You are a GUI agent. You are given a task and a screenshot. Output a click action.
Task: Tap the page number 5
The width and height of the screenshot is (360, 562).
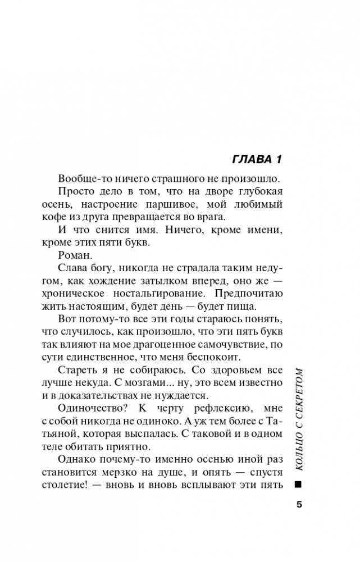(x=299, y=504)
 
